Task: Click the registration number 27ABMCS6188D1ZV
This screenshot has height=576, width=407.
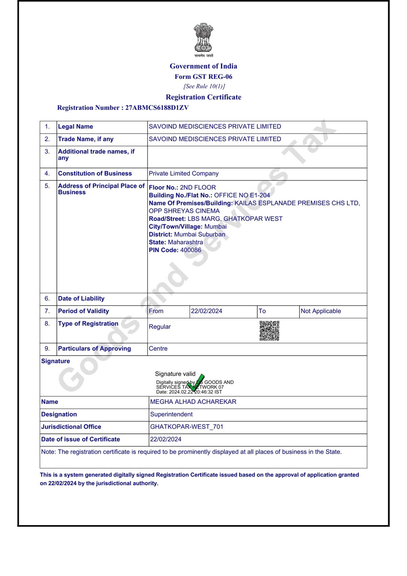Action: pyautogui.click(x=157, y=108)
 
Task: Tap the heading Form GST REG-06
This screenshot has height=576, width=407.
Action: pyautogui.click(x=203, y=77)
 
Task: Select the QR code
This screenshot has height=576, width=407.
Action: pyautogui.click(x=269, y=331)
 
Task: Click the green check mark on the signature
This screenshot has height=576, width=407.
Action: pyautogui.click(x=196, y=383)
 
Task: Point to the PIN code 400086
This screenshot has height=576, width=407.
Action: pyautogui.click(x=191, y=250)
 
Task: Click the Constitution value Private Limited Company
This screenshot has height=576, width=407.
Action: pyautogui.click(x=183, y=173)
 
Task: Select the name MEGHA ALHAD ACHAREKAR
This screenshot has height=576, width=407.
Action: pyautogui.click(x=193, y=402)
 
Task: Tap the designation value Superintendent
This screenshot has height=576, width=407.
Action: pyautogui.click(x=171, y=414)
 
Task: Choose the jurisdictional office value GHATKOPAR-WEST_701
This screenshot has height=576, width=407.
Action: pyautogui.click(x=186, y=427)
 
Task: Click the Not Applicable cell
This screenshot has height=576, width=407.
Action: pyautogui.click(x=321, y=311)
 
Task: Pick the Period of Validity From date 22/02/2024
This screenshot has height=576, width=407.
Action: pyautogui.click(x=206, y=311)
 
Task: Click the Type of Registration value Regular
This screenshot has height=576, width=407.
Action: pyautogui.click(x=160, y=327)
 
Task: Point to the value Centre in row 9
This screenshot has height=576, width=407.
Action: pyautogui.click(x=158, y=348)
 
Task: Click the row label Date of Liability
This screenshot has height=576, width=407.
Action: pyautogui.click(x=81, y=299)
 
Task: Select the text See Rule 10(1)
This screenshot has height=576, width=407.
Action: pyautogui.click(x=204, y=86)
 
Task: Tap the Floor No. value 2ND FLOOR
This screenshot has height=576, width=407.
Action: pyautogui.click(x=198, y=188)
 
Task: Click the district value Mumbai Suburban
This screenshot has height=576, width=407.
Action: pyautogui.click(x=200, y=234)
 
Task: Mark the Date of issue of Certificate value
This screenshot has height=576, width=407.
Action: pyautogui.click(x=166, y=439)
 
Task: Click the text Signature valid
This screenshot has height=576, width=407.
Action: pyautogui.click(x=175, y=374)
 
